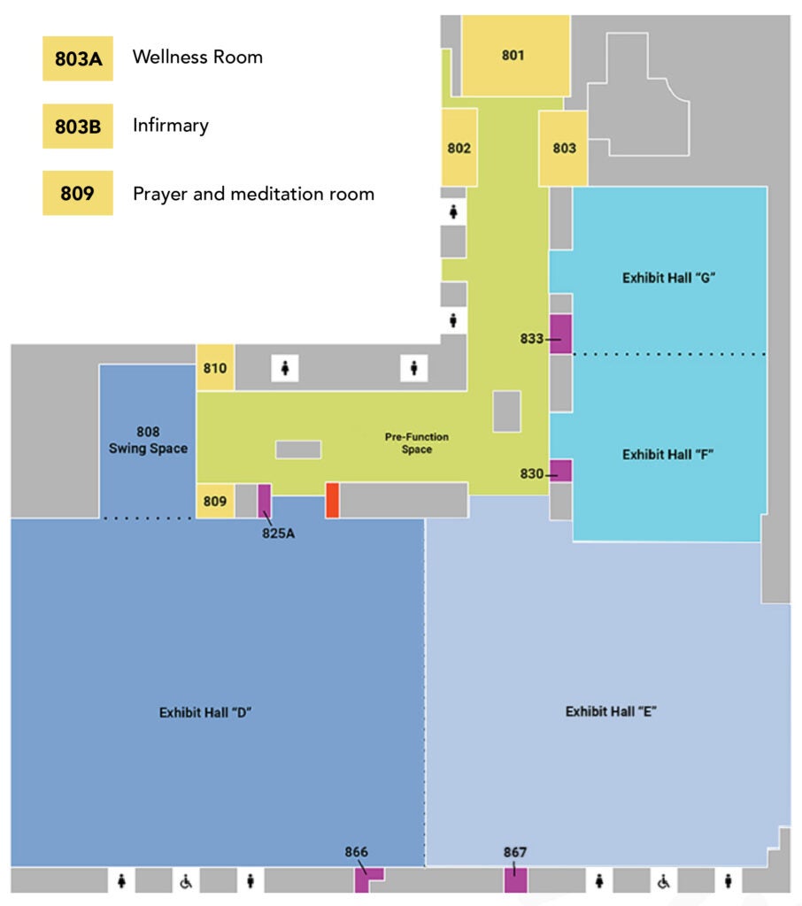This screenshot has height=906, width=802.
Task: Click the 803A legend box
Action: coord(77,58)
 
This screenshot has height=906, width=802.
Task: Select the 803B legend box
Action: coord(77,126)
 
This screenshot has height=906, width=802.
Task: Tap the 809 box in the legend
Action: coord(77,193)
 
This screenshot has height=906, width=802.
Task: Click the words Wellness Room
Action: coord(197,58)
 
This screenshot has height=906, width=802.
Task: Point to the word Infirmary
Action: coord(171,125)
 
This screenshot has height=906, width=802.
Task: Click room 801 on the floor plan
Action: coord(513,56)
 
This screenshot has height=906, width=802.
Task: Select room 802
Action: coord(459,148)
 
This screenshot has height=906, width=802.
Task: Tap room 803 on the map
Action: coord(564,148)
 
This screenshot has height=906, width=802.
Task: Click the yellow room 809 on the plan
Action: coord(215,502)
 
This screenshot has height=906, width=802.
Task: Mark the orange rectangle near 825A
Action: coord(332,500)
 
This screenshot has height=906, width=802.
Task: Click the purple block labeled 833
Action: coord(560,334)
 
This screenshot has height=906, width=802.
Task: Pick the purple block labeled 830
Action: coord(560,471)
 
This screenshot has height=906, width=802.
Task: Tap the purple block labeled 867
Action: coord(515,880)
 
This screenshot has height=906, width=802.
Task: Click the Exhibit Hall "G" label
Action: coord(668,278)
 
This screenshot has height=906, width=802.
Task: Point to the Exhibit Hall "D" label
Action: coord(206,712)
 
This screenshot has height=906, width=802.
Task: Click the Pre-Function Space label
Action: coord(416,443)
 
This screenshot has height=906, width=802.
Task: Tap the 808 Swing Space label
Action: coord(148,440)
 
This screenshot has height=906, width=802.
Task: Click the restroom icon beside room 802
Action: coord(454,211)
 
